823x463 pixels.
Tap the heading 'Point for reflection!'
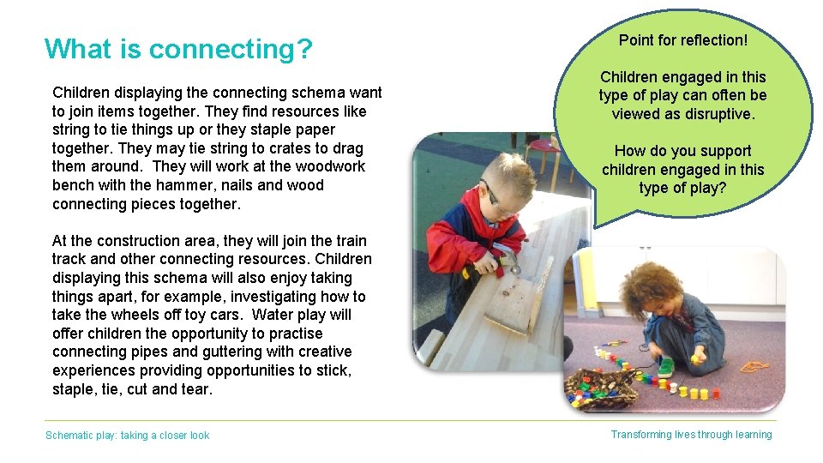(683, 40)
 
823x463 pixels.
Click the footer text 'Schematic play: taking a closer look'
(127, 436)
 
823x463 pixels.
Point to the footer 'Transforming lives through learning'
(691, 435)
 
